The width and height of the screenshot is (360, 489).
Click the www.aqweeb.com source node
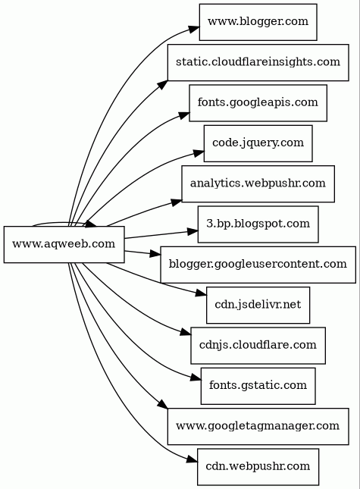click(64, 244)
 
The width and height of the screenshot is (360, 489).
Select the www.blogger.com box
click(258, 22)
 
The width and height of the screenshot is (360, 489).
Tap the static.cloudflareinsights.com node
click(258, 62)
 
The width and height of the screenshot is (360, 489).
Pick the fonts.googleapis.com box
click(258, 103)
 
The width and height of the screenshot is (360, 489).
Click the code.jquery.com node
click(258, 143)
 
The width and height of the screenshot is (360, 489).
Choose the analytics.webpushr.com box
click(258, 183)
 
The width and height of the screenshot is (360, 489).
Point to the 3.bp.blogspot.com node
click(258, 224)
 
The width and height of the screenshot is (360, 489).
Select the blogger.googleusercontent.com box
click(258, 265)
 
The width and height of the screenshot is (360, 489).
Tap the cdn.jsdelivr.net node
click(258, 305)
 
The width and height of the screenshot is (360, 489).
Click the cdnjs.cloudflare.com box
click(258, 346)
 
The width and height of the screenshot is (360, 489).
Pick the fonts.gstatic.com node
click(258, 386)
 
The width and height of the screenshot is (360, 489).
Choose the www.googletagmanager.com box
click(258, 426)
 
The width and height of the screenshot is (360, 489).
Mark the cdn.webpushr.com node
click(258, 467)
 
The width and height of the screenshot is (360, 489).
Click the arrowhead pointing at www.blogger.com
click(194, 29)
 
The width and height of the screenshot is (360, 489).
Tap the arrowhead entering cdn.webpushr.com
click(192, 459)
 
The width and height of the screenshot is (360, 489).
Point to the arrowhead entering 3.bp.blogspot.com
click(193, 231)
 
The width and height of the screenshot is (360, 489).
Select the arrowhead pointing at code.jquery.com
click(199, 153)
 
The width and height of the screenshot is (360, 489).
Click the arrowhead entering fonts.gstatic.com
click(196, 378)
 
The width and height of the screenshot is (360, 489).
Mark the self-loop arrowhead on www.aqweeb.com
click(91, 224)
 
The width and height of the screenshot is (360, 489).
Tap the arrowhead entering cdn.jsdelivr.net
click(201, 293)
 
